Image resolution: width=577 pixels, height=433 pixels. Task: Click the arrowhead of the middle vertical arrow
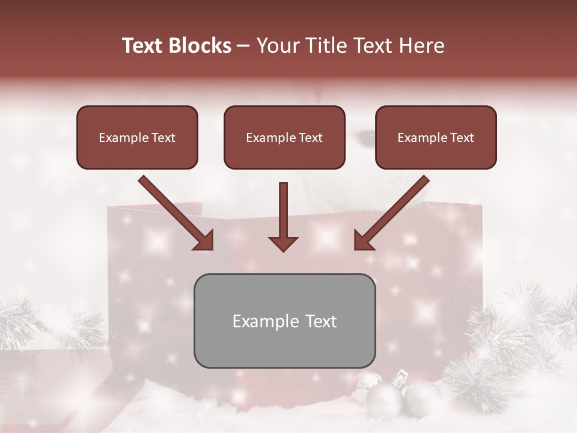[283, 243]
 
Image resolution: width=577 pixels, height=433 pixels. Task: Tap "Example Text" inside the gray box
[284, 321]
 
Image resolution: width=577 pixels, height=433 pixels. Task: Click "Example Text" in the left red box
[137, 138]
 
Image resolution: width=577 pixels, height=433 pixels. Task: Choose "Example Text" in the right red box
[436, 138]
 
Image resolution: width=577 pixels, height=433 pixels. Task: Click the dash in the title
[243, 46]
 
